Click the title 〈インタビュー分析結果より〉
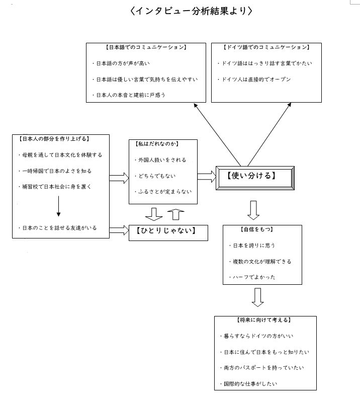pyautogui.click(x=191, y=11)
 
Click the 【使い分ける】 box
pyautogui.click(x=255, y=178)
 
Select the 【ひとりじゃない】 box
pyautogui.click(x=168, y=232)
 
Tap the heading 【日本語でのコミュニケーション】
pyautogui.click(x=146, y=47)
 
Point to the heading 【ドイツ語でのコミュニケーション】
pyautogui.click(x=266, y=47)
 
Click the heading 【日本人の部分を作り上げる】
pyautogui.click(x=54, y=139)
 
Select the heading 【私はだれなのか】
pyautogui.click(x=157, y=144)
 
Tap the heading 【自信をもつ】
pyautogui.click(x=256, y=229)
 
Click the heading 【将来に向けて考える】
pyautogui.click(x=263, y=320)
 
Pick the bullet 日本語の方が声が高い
pyautogui.click(x=121, y=63)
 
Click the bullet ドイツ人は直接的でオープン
pyautogui.click(x=254, y=79)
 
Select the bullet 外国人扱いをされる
pyautogui.click(x=160, y=160)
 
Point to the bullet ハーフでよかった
pyautogui.click(x=252, y=277)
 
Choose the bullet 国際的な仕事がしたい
pyautogui.click(x=248, y=384)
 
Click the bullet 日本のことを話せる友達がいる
pyautogui.click(x=58, y=228)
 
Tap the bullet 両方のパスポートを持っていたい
pyautogui.click(x=262, y=368)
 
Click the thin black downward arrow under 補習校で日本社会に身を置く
pyautogui.click(x=58, y=206)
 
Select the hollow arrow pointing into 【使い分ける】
pyautogui.click(x=207, y=177)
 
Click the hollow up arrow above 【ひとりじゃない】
pyautogui.click(x=175, y=214)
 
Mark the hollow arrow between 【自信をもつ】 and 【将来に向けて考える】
pyautogui.click(x=257, y=297)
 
